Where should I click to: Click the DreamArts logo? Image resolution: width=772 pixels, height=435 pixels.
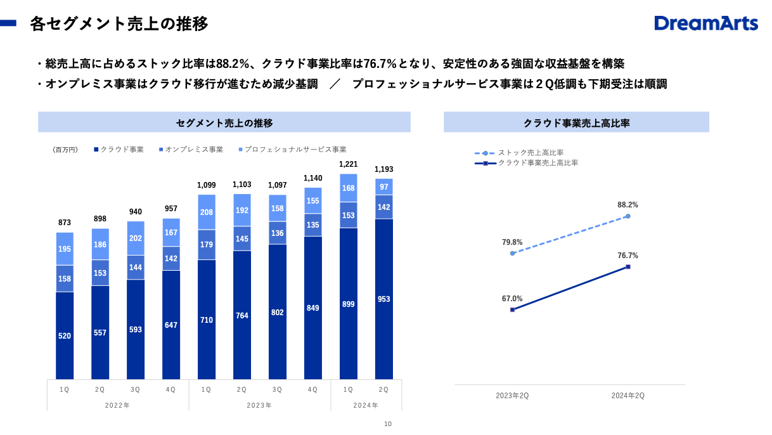706,23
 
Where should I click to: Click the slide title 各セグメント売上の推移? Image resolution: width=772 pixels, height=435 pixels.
119,24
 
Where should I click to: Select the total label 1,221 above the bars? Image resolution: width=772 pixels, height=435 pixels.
348,164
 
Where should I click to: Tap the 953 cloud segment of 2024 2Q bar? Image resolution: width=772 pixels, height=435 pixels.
383,299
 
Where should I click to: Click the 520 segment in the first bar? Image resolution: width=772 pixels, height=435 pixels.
65,335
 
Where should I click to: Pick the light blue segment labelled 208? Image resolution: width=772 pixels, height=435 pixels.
206,212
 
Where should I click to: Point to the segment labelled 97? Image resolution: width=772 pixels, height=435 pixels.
383,187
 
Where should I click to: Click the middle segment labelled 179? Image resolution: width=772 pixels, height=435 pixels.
206,245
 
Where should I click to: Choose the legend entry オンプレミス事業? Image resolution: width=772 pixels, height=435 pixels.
194,150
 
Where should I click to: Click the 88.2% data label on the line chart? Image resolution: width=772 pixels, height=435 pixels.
627,205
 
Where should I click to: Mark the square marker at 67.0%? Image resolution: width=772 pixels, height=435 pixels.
512,309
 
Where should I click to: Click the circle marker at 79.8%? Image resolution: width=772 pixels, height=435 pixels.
512,253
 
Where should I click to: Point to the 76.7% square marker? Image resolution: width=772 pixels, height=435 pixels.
627,266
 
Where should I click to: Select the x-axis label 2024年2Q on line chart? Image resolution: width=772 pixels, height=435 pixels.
627,396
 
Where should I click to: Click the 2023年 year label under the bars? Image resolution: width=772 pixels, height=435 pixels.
259,405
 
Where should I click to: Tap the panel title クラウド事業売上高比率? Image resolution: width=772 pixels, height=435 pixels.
576,122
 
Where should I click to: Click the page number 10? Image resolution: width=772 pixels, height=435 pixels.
388,424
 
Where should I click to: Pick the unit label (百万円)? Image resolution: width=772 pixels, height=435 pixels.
65,150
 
